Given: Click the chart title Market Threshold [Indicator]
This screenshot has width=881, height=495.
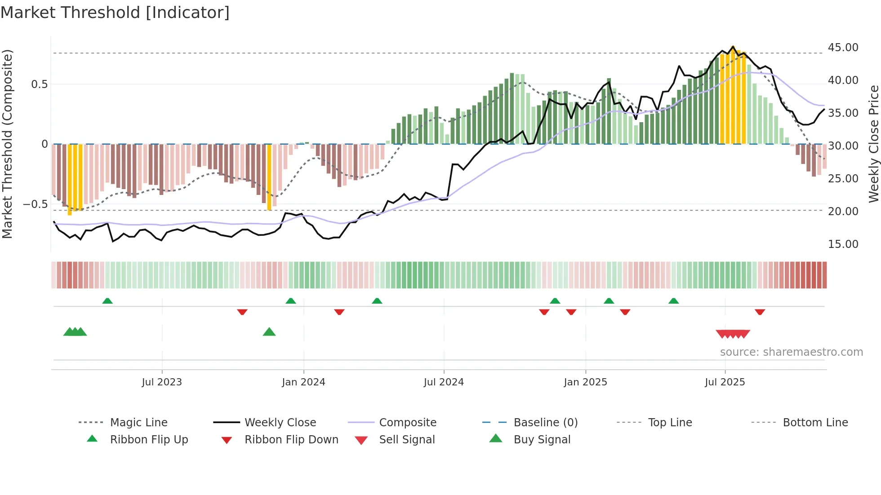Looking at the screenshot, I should [x=115, y=13].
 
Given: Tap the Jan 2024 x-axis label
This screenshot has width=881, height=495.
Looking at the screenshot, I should [x=303, y=382].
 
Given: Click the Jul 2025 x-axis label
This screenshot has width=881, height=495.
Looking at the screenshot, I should [x=725, y=382].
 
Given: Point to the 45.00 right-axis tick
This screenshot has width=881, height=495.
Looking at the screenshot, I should [x=843, y=48].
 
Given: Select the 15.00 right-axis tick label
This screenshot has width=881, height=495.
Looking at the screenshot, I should [x=843, y=244].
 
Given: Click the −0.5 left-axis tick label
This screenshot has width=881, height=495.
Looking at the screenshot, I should [x=35, y=204].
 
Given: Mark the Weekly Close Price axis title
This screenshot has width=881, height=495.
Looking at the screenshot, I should [x=873, y=144].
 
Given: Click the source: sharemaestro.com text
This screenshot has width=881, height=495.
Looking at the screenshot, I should [x=791, y=352].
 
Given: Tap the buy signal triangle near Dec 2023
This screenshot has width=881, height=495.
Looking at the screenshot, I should [x=269, y=332].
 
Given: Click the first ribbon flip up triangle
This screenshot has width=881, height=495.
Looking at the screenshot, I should [x=107, y=301].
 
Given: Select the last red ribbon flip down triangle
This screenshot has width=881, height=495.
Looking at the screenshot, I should [x=760, y=312].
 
